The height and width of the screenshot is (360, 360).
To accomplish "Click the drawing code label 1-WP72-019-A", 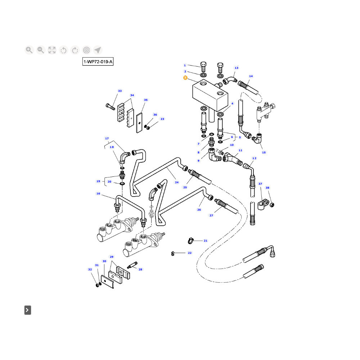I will click(98, 62).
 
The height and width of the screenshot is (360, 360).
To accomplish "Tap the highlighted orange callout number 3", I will click(185, 77).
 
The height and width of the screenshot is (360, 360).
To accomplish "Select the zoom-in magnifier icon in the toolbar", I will click(29, 50).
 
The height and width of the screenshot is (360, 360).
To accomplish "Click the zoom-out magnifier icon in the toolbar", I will click(41, 50).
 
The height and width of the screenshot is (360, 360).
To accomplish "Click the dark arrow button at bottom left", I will click(28, 310).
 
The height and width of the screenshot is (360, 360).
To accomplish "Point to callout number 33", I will click(120, 91).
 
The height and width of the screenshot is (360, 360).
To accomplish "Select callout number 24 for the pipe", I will click(177, 182).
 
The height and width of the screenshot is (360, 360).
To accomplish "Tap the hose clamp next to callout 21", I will click(191, 241).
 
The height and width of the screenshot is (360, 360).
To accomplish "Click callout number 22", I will click(190, 253).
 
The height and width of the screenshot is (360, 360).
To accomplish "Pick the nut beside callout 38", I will click(272, 204).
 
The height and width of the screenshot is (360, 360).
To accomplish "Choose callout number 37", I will click(260, 184).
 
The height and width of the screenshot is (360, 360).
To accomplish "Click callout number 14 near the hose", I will click(251, 76).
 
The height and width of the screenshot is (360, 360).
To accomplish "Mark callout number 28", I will click(140, 269).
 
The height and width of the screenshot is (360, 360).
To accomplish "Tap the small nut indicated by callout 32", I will click(97, 285).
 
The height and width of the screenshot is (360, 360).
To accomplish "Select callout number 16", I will click(98, 193).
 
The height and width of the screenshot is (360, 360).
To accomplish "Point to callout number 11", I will click(240, 150).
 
